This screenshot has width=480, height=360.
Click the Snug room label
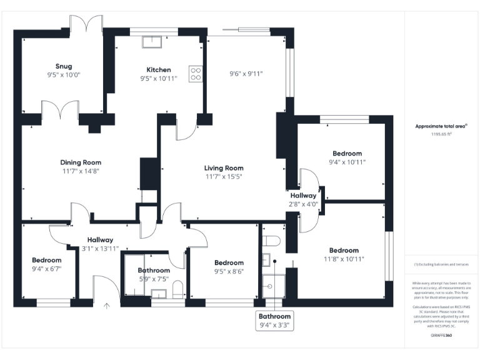click(63, 66)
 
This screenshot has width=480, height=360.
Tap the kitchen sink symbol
click(152, 42)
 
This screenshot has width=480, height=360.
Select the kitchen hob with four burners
click(196, 74)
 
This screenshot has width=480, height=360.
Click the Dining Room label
click(81, 162)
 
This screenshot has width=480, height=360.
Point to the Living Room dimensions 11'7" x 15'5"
click(224, 177)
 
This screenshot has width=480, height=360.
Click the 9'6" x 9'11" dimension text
click(246, 73)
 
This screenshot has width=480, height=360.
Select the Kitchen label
click(159, 69)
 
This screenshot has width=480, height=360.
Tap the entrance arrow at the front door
click(106, 306)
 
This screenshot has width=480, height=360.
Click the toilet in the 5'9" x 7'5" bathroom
click(177, 289)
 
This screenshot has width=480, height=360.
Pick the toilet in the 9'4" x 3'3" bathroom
click(271, 241)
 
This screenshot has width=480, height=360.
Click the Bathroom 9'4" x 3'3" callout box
click(275, 321)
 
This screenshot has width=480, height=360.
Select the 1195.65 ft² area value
click(441, 134)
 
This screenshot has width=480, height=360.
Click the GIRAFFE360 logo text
click(441, 336)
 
